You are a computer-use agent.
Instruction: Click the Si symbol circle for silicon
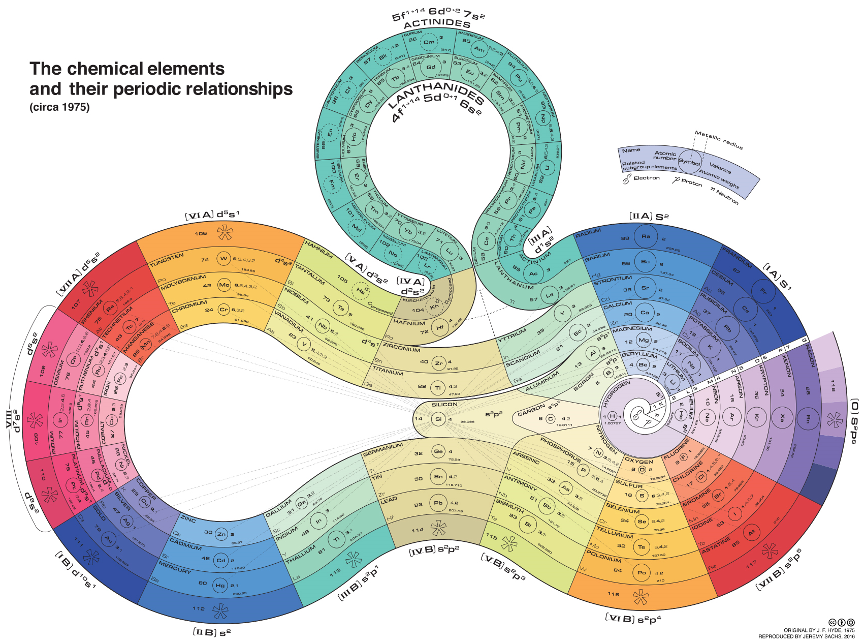click(438, 419)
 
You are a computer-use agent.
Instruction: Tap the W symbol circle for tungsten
click(223, 259)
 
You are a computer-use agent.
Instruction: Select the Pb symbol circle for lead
click(438, 503)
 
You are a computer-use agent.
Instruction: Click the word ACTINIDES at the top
click(437, 23)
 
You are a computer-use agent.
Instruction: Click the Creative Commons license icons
click(842, 622)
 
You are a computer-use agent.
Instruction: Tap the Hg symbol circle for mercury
click(220, 586)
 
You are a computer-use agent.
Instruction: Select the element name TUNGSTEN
click(167, 260)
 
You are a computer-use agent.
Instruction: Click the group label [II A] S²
click(649, 217)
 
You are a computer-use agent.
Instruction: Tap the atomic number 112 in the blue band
click(199, 608)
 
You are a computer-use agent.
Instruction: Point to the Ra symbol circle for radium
click(646, 236)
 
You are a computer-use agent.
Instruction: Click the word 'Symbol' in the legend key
click(689, 162)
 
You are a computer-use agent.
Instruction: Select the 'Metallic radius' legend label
click(719, 140)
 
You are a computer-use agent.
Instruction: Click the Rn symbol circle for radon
click(808, 419)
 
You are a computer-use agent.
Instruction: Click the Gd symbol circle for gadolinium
click(431, 67)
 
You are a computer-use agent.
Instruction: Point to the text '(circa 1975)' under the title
click(59, 107)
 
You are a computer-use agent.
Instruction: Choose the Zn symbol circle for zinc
click(221, 534)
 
